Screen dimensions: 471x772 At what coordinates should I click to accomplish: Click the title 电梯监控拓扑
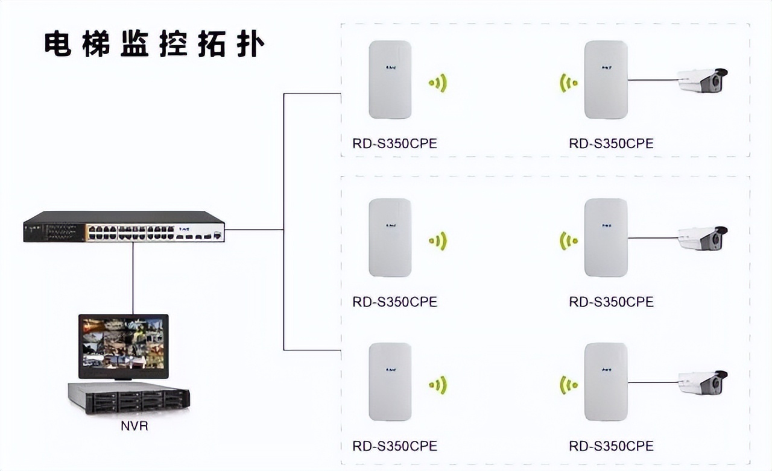pyautogui.click(x=154, y=45)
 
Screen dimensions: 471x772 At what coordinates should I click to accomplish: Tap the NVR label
pyautogui.click(x=134, y=426)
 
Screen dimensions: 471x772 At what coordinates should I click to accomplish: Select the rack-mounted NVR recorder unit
pyautogui.click(x=128, y=398)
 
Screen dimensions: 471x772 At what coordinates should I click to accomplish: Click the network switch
pyautogui.click(x=124, y=227)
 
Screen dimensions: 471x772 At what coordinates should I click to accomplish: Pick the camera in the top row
pyautogui.click(x=702, y=80)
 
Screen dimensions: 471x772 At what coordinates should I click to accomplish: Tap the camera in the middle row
pyautogui.click(x=702, y=239)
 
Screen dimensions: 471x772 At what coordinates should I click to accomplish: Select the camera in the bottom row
pyautogui.click(x=702, y=382)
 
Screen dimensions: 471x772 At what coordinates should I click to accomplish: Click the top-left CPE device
pyautogui.click(x=390, y=80)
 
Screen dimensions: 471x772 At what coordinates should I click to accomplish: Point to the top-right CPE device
pyautogui.click(x=606, y=80)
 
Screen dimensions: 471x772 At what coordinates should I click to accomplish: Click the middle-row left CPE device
pyautogui.click(x=390, y=237)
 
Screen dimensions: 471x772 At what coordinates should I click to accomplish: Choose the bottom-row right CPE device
pyautogui.click(x=606, y=381)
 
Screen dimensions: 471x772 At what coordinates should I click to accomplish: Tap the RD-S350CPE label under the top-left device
pyautogui.click(x=394, y=143)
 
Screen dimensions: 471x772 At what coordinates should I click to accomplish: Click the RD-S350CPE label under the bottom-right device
pyautogui.click(x=611, y=446)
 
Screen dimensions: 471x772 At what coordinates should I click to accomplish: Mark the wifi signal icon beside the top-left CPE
pyautogui.click(x=438, y=83)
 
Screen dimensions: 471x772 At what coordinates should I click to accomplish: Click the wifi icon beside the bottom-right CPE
pyautogui.click(x=568, y=384)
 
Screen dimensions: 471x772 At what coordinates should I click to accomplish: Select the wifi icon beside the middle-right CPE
pyautogui.click(x=568, y=241)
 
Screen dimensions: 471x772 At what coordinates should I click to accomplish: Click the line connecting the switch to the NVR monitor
pyautogui.click(x=133, y=277)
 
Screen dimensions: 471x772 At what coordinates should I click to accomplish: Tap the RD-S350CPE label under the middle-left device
pyautogui.click(x=394, y=301)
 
